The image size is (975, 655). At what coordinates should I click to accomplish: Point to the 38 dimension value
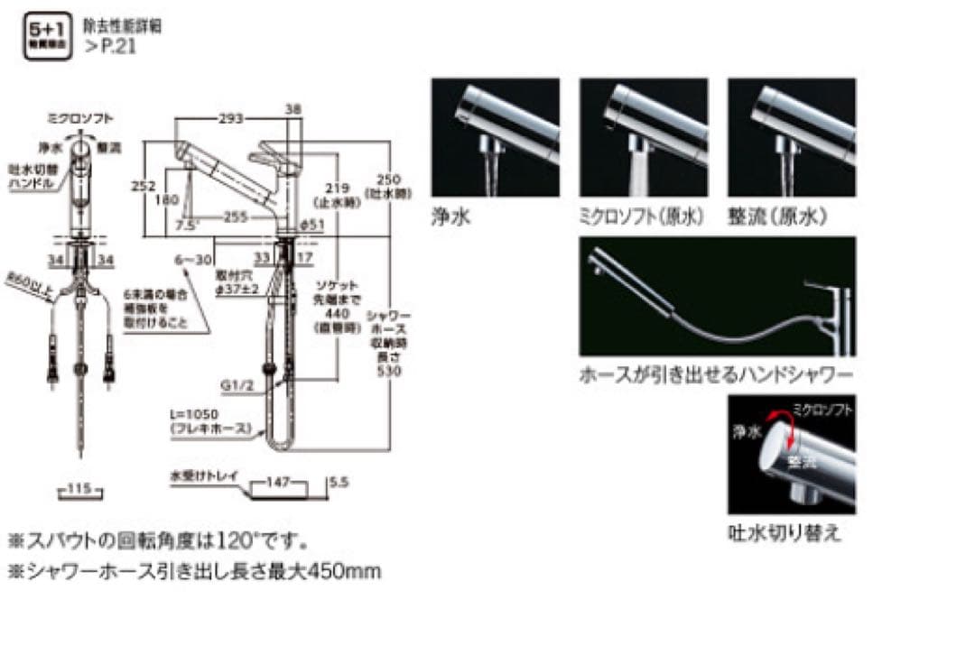coord(292,108)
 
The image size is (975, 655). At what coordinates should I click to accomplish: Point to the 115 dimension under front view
coord(79,490)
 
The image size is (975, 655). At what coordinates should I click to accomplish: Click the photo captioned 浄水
coord(495,137)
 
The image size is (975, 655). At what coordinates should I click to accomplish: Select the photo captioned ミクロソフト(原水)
coord(644,137)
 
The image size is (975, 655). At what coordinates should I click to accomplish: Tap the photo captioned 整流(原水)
coord(792,137)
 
